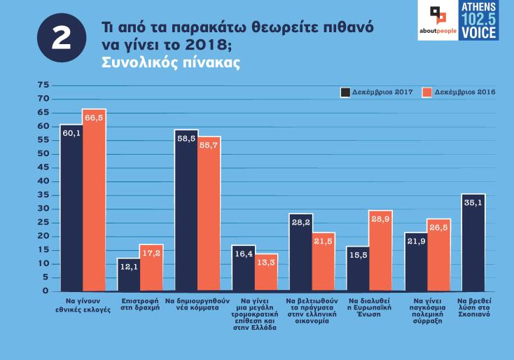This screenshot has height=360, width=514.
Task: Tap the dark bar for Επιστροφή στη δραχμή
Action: tap(128, 274)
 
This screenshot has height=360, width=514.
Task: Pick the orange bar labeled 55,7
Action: tap(209, 214)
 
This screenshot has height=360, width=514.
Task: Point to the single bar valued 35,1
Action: tap(473, 242)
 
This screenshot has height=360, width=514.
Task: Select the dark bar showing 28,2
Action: tap(300, 252)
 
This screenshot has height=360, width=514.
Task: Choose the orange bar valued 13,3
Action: tap(266, 272)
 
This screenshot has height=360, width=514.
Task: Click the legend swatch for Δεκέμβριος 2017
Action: tap(345, 92)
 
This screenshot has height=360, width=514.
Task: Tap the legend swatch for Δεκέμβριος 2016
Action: tap(427, 92)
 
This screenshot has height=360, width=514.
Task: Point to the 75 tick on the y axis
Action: tap(43, 85)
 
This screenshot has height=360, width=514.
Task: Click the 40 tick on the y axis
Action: tap(43, 181)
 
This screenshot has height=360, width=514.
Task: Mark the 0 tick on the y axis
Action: tap(46, 291)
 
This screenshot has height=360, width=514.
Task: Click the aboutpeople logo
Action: tap(438, 21)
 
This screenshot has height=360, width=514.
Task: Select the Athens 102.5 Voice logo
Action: tap(479, 20)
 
